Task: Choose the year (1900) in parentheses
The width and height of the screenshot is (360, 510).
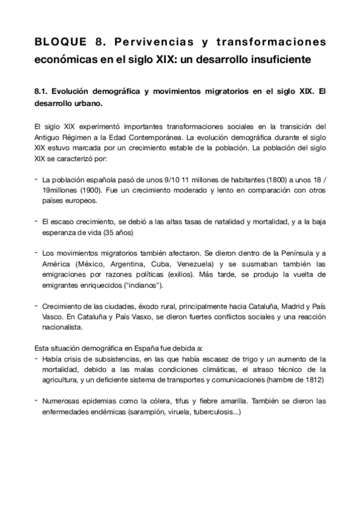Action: pos(89,189)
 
